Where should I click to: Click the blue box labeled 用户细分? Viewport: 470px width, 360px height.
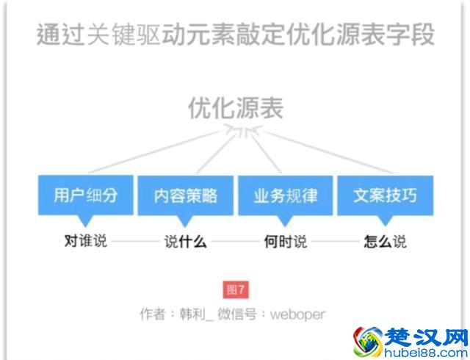click(85, 195)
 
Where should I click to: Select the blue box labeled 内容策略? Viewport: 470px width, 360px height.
click(186, 195)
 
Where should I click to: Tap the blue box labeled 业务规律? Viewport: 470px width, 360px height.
click(286, 195)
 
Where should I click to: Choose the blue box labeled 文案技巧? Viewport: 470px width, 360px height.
click(385, 195)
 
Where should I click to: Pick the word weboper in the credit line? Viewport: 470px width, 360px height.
click(297, 314)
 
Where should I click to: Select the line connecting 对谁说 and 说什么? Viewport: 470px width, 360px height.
click(135, 241)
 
